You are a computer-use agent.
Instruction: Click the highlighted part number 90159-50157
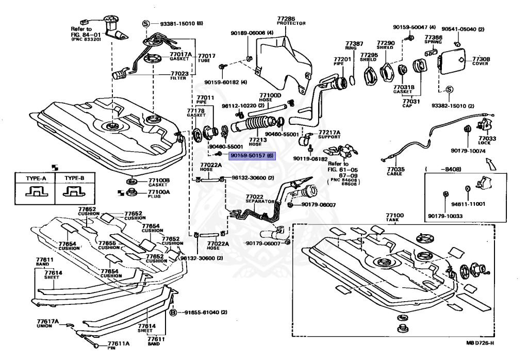click(x=252, y=155)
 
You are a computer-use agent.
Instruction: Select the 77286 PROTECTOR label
click(x=291, y=20)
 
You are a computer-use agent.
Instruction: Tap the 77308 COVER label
click(x=481, y=61)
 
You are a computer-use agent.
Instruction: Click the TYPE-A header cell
click(x=36, y=178)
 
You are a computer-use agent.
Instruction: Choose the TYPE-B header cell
click(x=74, y=178)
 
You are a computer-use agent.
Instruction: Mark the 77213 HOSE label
click(x=257, y=141)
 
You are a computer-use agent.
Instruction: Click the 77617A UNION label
click(x=47, y=323)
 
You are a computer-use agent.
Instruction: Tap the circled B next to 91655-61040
click(x=173, y=313)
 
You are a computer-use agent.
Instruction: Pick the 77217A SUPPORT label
click(x=329, y=134)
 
